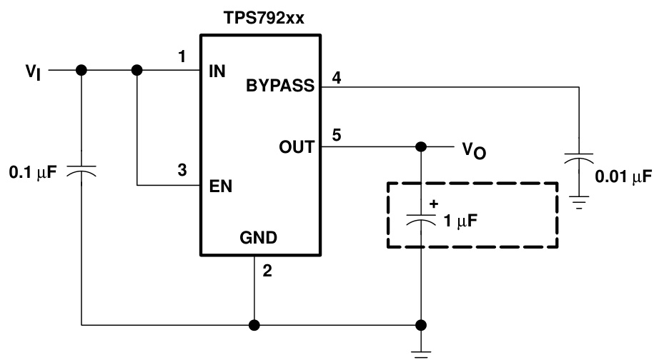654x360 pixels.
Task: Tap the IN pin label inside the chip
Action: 218,71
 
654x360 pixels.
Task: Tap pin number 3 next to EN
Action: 184,171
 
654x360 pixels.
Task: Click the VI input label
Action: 32,71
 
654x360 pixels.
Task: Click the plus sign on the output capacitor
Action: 432,203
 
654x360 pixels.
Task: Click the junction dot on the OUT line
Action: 422,146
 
